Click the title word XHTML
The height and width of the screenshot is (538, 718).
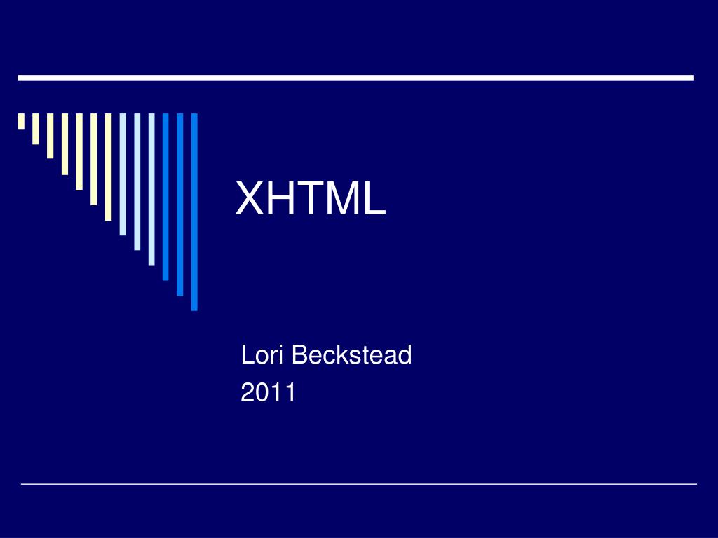(x=311, y=198)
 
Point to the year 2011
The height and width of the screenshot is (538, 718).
(x=269, y=392)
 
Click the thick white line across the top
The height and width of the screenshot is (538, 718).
(x=355, y=78)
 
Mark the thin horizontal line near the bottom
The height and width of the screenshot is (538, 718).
(x=358, y=484)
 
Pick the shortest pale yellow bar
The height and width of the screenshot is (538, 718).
(x=21, y=121)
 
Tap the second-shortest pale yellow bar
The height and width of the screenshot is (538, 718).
(x=36, y=129)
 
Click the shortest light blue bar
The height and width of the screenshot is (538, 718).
(x=123, y=174)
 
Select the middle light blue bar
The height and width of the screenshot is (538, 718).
(x=137, y=181)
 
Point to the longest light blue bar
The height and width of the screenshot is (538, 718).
(x=151, y=189)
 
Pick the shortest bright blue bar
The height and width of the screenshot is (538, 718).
(x=166, y=197)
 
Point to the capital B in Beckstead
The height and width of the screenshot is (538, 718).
(x=299, y=355)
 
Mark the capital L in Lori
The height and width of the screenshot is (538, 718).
(x=246, y=355)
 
